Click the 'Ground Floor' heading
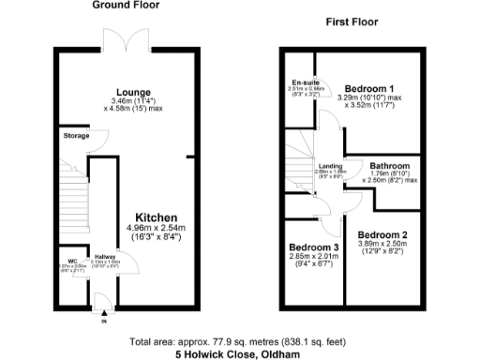[126, 6]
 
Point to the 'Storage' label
[77, 137]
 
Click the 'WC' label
[72, 262]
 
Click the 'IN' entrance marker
[105, 322]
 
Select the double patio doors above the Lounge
[125, 37]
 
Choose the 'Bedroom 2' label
[382, 233]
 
